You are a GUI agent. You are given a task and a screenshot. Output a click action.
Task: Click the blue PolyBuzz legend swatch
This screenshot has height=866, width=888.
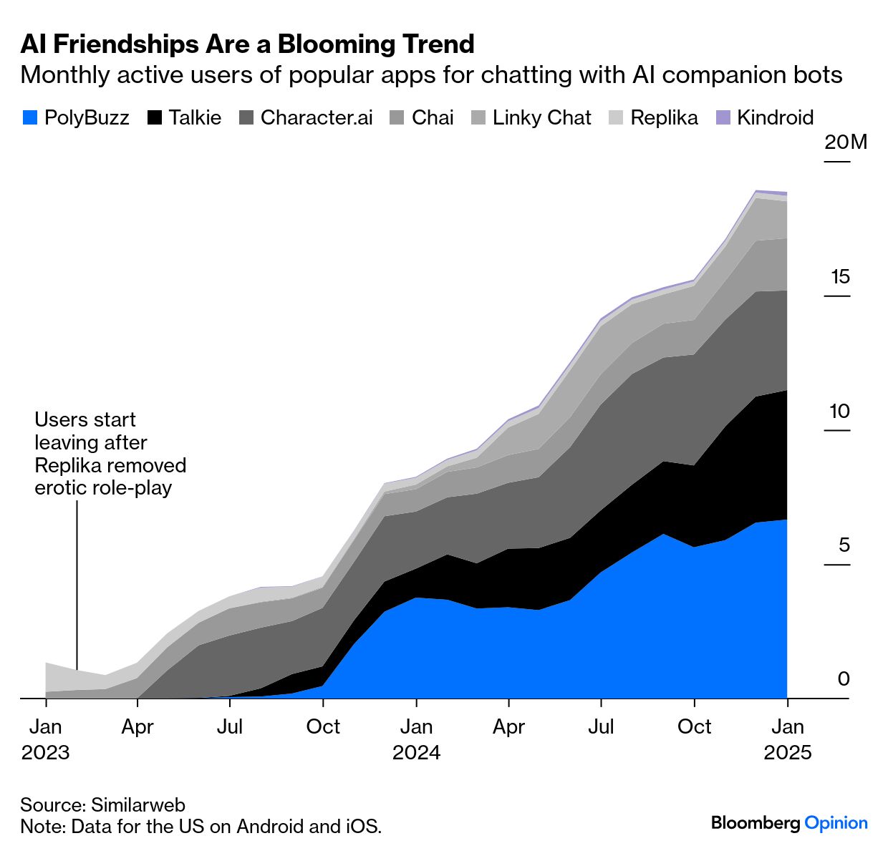tap(29, 118)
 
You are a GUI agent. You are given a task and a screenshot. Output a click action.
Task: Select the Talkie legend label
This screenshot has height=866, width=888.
tap(195, 118)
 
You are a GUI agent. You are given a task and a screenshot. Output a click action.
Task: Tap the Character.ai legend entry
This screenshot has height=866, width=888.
tap(316, 118)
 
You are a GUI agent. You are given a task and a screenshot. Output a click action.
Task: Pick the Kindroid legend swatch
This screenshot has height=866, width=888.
tap(723, 118)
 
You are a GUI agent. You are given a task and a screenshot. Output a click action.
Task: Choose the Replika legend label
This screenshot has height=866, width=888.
tap(664, 118)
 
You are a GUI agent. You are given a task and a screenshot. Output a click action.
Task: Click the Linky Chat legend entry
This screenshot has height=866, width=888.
tap(541, 118)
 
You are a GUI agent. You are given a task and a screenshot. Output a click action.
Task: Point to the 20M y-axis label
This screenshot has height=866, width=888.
tap(845, 142)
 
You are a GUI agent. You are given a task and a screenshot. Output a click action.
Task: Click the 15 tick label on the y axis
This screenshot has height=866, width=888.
tap(840, 277)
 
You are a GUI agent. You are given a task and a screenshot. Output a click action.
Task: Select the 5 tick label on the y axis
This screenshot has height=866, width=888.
tap(844, 545)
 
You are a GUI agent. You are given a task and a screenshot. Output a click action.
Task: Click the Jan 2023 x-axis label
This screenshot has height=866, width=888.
tap(46, 739)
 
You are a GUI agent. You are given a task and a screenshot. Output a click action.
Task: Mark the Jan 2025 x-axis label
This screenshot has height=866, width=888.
tap(788, 739)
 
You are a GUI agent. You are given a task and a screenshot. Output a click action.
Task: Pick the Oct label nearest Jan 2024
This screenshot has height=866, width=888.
tap(323, 727)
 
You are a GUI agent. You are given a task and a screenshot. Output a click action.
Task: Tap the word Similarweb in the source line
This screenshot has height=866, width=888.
tap(138, 805)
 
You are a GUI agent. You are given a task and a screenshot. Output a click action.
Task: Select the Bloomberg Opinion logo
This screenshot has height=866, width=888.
tap(789, 823)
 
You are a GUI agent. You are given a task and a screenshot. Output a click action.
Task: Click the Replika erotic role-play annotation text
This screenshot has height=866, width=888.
tap(110, 454)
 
